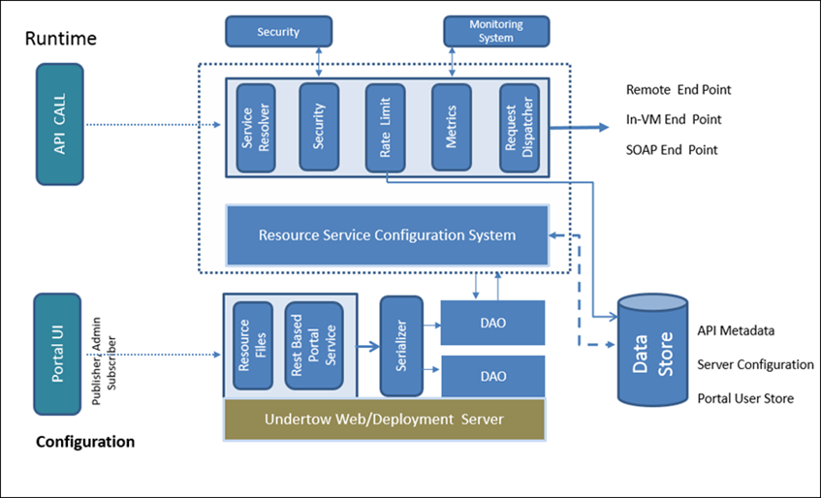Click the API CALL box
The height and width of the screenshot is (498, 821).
59,124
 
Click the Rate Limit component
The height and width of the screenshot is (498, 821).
385,127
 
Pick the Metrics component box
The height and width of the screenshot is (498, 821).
452,127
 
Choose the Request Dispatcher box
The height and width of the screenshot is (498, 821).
519,127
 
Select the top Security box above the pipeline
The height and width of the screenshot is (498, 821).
278,31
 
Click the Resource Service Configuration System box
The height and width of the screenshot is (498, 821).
387,234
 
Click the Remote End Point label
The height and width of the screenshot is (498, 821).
678,90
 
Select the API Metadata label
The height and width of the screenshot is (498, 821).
736,330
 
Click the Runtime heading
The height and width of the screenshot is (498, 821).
60,39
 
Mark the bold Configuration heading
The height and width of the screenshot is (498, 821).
85,442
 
